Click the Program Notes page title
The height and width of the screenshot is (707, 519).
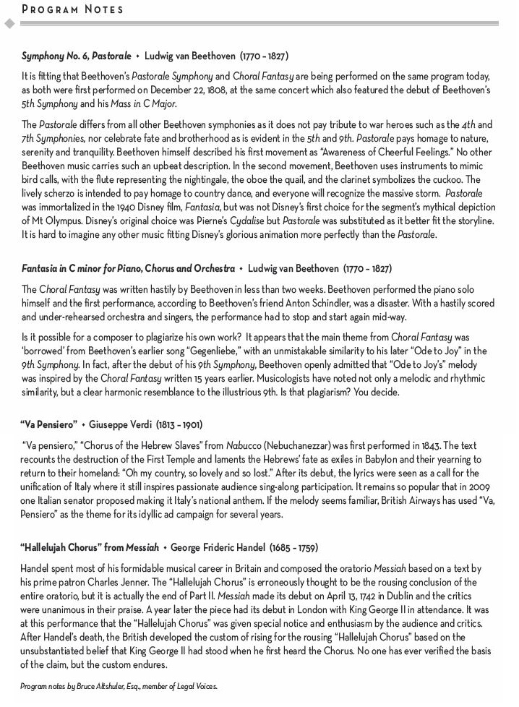(72, 9)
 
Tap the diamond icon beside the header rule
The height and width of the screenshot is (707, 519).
(9, 24)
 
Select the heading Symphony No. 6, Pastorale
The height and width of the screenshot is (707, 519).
(77, 56)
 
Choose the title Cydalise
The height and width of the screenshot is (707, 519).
(259, 221)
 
